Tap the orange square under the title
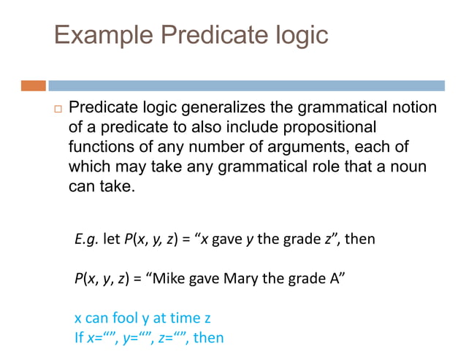coord(33,85)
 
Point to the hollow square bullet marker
coord(56,110)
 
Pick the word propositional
coord(321,128)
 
